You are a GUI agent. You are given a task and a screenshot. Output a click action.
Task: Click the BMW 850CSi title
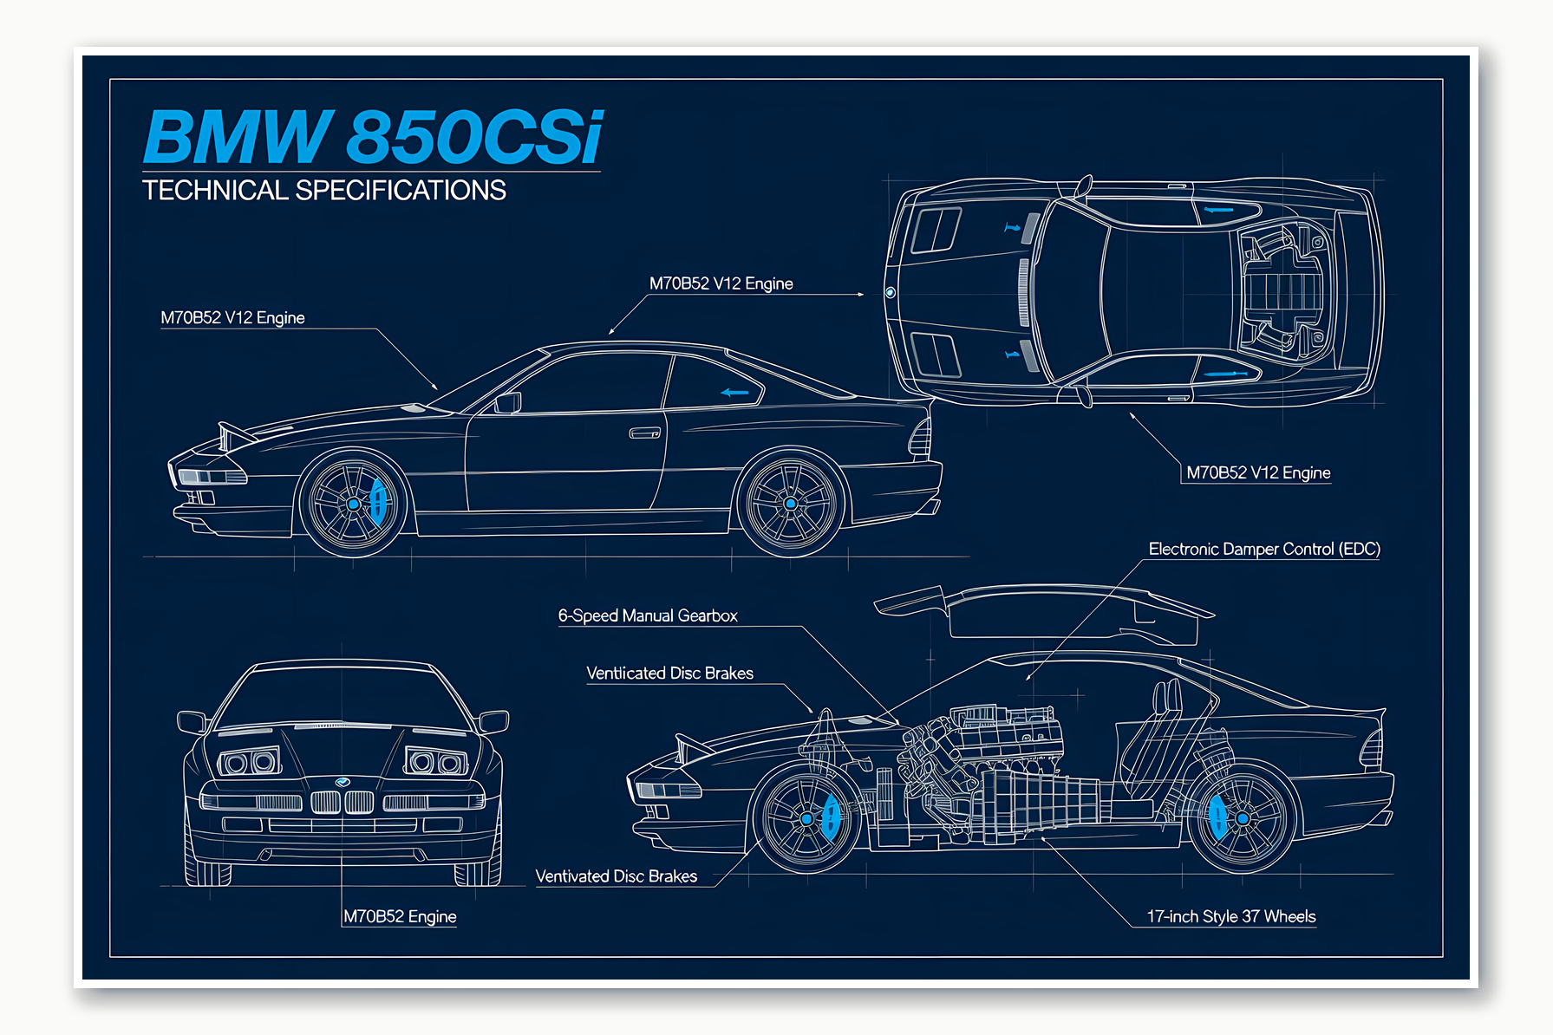coord(373,137)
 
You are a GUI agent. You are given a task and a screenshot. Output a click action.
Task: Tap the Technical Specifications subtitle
coord(323,191)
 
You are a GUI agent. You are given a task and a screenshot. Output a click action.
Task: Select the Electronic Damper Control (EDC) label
coord(1263,550)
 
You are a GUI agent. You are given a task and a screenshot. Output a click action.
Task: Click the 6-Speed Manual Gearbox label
coord(647,616)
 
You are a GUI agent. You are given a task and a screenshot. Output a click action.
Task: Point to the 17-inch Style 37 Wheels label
coord(1230,917)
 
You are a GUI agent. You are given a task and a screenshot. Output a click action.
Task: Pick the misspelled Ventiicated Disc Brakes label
coord(669,674)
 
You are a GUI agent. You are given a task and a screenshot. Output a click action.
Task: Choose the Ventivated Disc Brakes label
coord(616,876)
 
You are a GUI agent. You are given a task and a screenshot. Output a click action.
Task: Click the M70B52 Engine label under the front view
coord(400,917)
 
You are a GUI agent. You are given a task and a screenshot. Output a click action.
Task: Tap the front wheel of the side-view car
coord(353,504)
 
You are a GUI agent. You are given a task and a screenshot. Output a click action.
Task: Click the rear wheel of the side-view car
coord(790,504)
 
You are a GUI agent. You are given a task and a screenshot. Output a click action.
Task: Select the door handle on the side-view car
coord(644,433)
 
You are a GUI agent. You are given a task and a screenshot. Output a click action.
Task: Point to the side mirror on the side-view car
coord(508,402)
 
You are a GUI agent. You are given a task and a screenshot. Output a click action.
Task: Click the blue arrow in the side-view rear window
coord(734,393)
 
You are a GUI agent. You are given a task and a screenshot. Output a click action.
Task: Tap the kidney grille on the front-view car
coord(343,802)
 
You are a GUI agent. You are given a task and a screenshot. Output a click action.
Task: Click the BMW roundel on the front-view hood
coord(343,782)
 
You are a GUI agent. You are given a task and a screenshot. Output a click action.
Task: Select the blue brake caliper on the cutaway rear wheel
coord(1217,817)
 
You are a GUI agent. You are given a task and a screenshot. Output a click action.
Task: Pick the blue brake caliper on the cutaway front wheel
coord(830,817)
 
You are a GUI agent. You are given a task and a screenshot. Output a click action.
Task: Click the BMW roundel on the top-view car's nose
coord(890,293)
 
